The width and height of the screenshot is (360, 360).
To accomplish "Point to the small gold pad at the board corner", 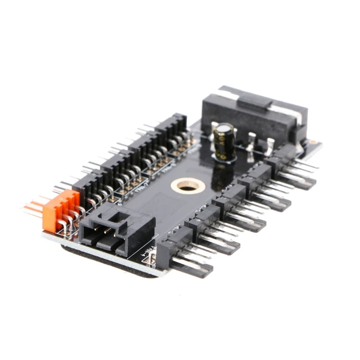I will tap(311, 143).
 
